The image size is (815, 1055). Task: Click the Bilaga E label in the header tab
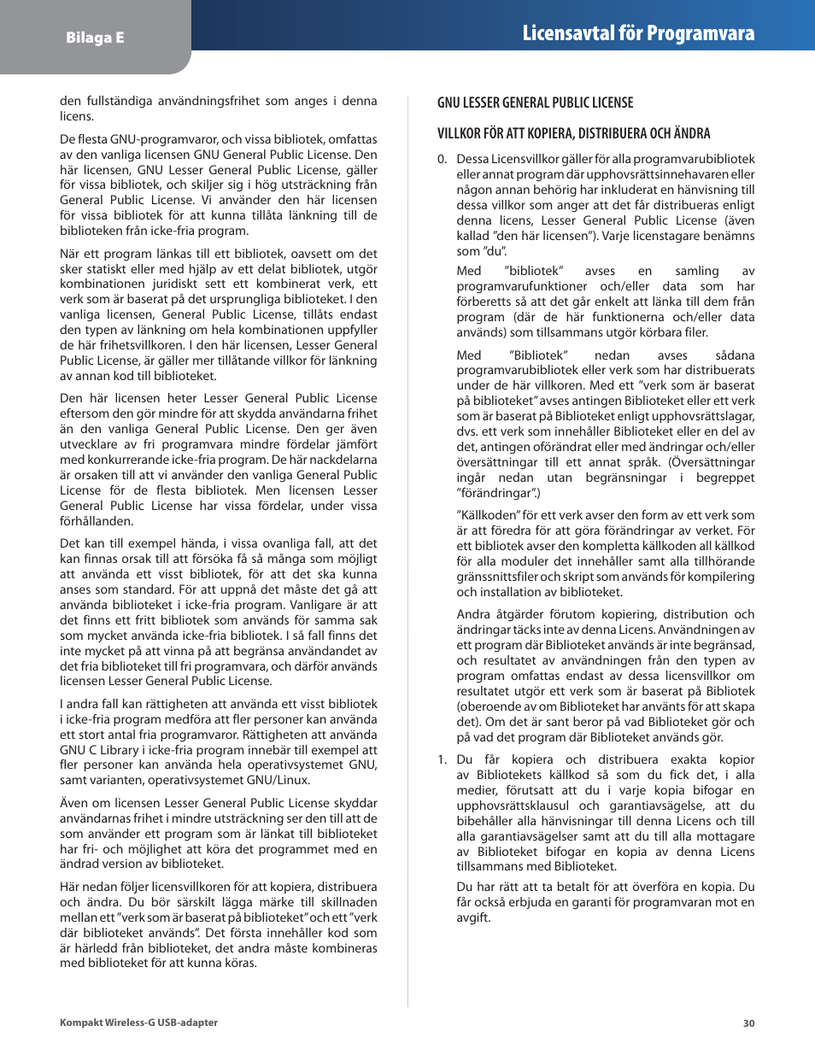coord(95,38)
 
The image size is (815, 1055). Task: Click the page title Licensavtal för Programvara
coord(638,33)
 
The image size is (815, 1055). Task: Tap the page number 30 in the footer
coord(748,1023)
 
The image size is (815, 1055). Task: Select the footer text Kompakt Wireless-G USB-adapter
coord(138,1023)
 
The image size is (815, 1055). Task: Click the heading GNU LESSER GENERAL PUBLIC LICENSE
coord(535,103)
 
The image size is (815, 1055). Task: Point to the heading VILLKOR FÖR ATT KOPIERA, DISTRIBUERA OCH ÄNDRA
coord(573,133)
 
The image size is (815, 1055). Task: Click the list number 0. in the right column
coord(442,159)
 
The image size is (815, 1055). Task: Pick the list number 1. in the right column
coord(442,759)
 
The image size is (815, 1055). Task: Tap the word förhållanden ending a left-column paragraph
coord(97,521)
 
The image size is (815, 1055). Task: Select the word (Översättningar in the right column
coord(712,462)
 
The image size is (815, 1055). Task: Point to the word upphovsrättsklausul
coord(513,806)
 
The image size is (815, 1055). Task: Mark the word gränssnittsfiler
coord(496,577)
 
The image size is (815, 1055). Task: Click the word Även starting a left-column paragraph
coord(74,803)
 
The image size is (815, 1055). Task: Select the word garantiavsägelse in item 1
coord(656,806)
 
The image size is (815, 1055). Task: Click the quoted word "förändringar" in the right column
coord(497,493)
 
